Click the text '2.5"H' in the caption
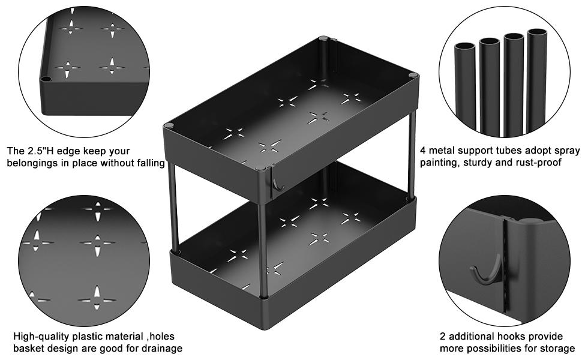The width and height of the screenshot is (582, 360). point(38,151)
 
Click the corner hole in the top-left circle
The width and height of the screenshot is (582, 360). point(46,78)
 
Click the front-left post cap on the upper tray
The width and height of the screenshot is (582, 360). point(169,125)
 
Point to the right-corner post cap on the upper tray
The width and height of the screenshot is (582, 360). point(413,75)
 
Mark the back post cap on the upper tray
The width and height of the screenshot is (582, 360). point(324,39)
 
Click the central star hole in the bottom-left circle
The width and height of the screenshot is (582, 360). point(97,243)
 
